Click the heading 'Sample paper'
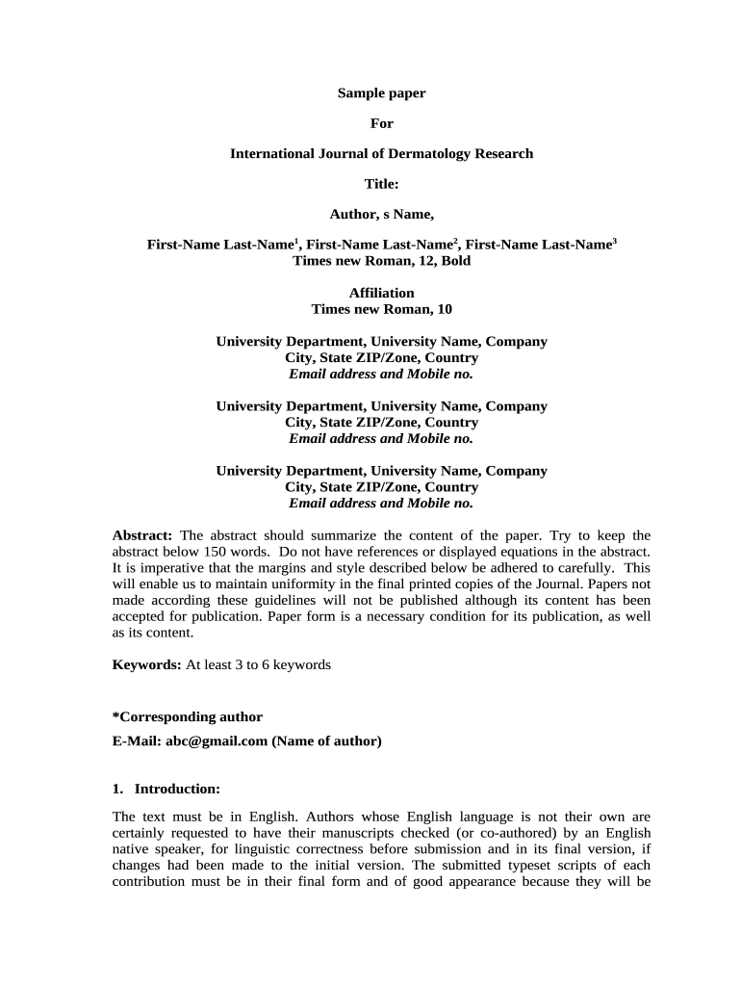(381, 93)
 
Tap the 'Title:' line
(381, 184)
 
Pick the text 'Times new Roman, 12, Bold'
(381, 261)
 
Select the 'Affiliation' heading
(381, 293)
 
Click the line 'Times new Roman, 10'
(381, 309)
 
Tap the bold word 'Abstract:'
(142, 535)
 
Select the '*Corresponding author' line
(187, 717)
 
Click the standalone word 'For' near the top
(381, 123)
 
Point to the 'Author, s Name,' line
(381, 215)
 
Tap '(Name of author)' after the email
(326, 741)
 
